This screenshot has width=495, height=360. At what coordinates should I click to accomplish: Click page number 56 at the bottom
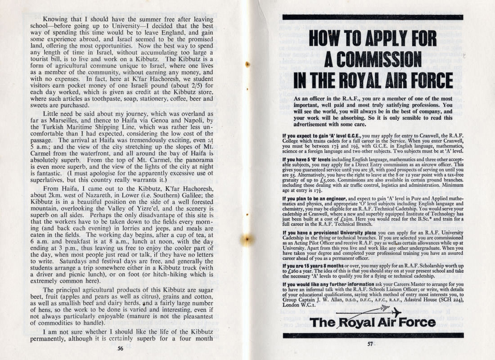[x=120, y=347]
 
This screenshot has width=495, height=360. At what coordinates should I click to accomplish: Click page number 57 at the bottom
[x=370, y=344]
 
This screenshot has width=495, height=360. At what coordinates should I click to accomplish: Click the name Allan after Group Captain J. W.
[x=342, y=300]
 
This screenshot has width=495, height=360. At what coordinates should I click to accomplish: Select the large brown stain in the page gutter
[x=247, y=240]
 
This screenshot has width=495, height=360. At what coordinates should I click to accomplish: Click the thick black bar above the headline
[x=372, y=18]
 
